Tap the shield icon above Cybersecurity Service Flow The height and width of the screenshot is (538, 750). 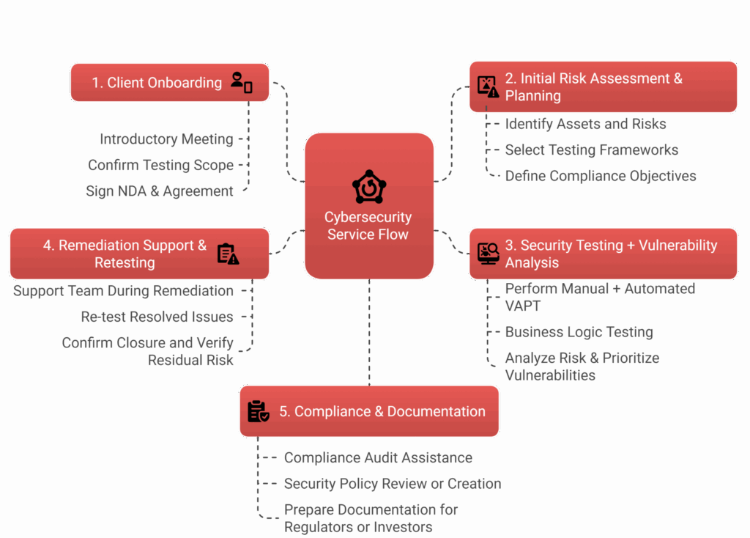pyautogui.click(x=369, y=187)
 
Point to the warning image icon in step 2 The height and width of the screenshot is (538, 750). pyautogui.click(x=488, y=86)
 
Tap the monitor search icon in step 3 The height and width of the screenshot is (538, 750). pyautogui.click(x=488, y=254)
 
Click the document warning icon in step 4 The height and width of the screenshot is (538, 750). pyautogui.click(x=228, y=254)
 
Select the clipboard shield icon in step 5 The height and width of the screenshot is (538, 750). pyautogui.click(x=258, y=412)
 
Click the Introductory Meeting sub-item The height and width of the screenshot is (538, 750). pyautogui.click(x=166, y=139)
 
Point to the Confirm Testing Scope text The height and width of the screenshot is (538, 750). pyautogui.click(x=160, y=166)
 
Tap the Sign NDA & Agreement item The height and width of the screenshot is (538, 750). pyautogui.click(x=160, y=191)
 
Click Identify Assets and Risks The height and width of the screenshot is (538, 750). pyautogui.click(x=585, y=124)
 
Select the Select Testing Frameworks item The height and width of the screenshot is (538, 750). pyautogui.click(x=591, y=150)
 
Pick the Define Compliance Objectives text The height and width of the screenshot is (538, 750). pyautogui.click(x=600, y=176)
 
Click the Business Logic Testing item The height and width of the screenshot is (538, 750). pyautogui.click(x=579, y=332)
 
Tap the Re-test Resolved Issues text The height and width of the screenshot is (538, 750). pyautogui.click(x=157, y=317)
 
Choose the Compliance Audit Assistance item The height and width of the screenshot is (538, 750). pyautogui.click(x=377, y=458)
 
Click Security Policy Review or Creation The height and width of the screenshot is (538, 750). pyautogui.click(x=392, y=484)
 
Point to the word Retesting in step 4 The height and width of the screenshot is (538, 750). pyautogui.click(x=125, y=262)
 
